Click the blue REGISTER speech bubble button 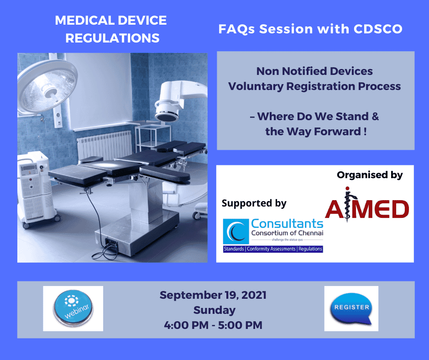351,308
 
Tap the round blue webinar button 73,308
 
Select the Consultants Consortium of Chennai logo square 236,231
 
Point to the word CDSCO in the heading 378,29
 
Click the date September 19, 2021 213,295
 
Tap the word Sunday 214,310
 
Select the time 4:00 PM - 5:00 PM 213,325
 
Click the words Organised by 370,175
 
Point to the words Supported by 254,203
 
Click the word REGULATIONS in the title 112,38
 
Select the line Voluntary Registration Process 314,86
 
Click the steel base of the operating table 136,233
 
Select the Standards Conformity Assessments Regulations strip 273,249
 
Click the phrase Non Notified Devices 314,71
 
